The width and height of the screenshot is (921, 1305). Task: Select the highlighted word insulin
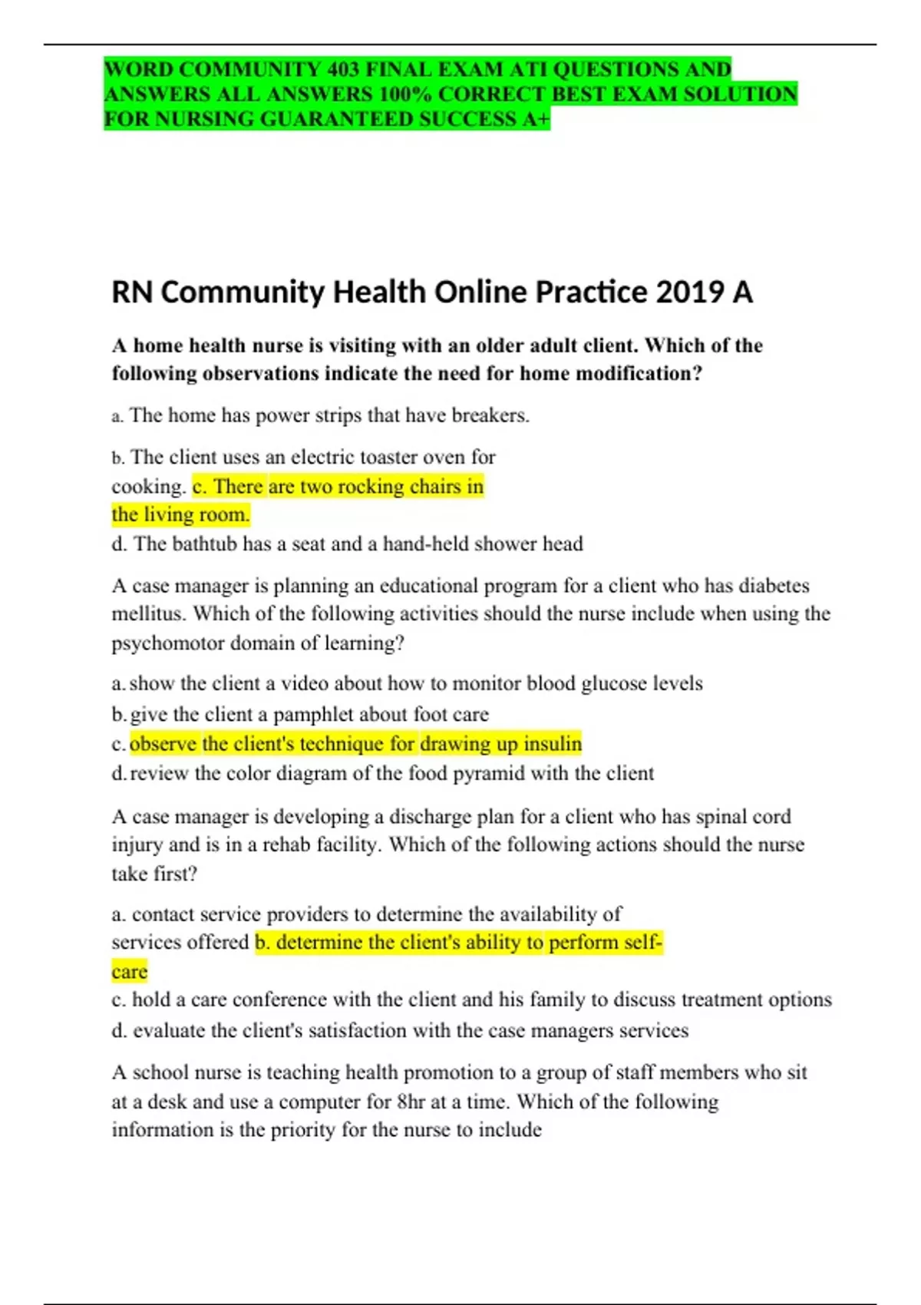pyautogui.click(x=553, y=744)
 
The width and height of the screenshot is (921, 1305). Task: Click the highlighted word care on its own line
pyautogui.click(x=129, y=972)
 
